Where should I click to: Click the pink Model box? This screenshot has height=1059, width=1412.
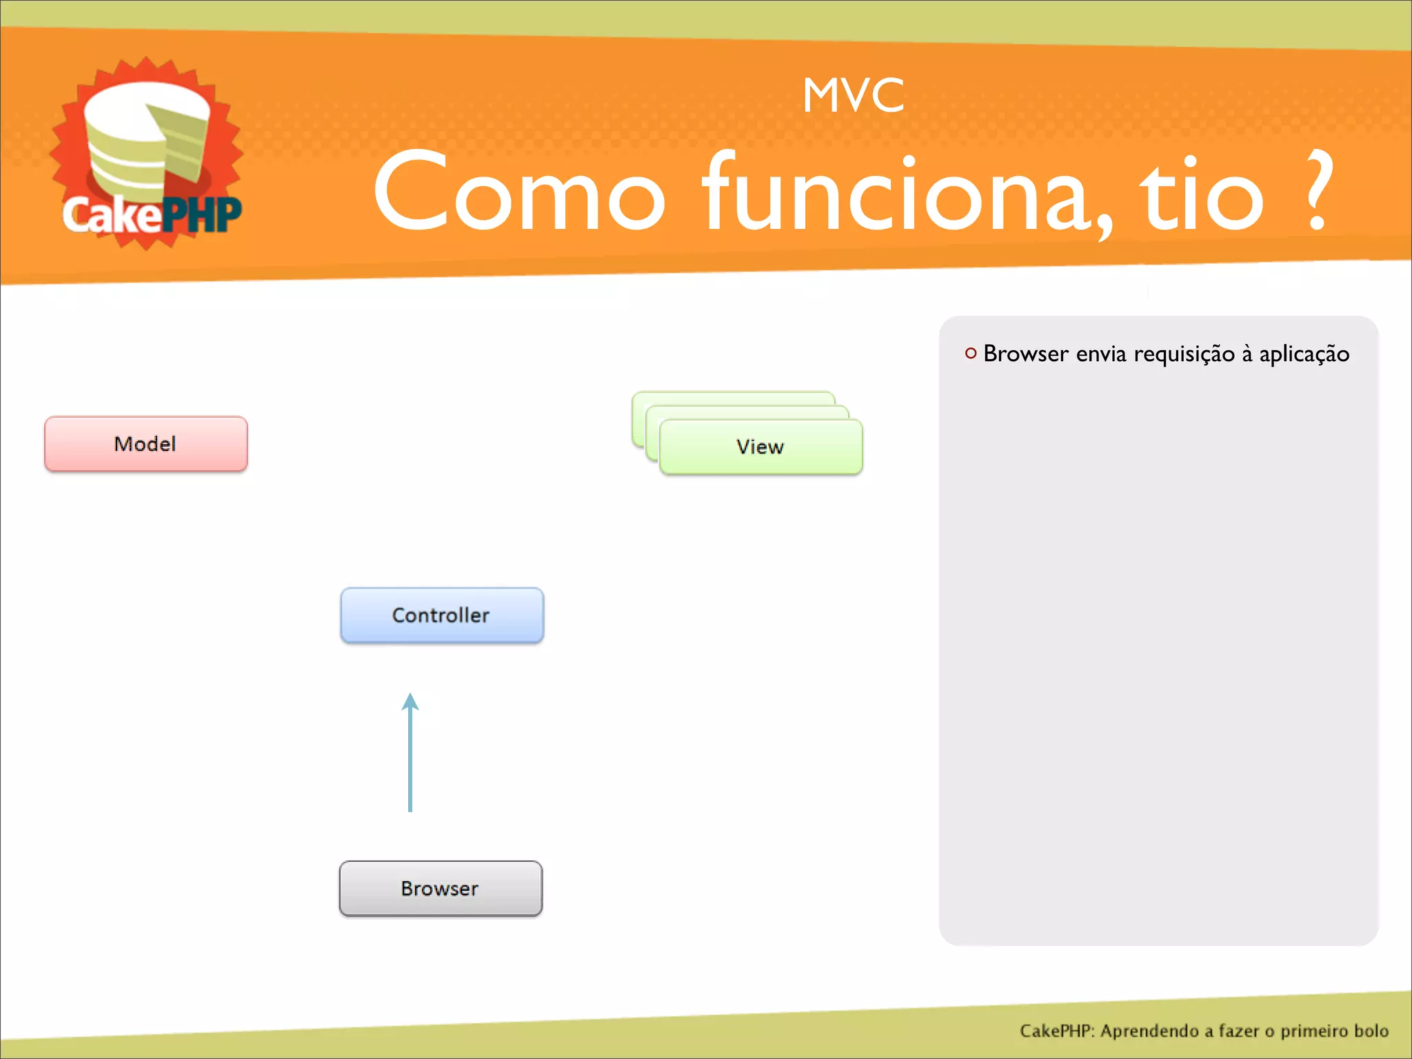point(145,444)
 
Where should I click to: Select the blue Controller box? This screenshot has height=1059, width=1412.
point(441,615)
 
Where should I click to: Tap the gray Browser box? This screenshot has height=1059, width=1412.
point(440,888)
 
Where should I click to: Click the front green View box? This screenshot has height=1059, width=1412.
point(760,447)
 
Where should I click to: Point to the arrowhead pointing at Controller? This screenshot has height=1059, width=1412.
point(410,702)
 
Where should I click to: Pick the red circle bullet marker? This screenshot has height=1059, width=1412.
point(971,354)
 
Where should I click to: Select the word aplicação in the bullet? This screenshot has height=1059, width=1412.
point(1304,354)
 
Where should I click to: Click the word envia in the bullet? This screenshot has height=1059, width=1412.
point(1100,354)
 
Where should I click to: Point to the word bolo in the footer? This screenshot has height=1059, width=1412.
point(1371,1031)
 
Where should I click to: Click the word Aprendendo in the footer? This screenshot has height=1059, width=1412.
point(1149,1031)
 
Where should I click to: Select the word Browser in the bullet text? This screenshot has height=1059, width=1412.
point(1025,354)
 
